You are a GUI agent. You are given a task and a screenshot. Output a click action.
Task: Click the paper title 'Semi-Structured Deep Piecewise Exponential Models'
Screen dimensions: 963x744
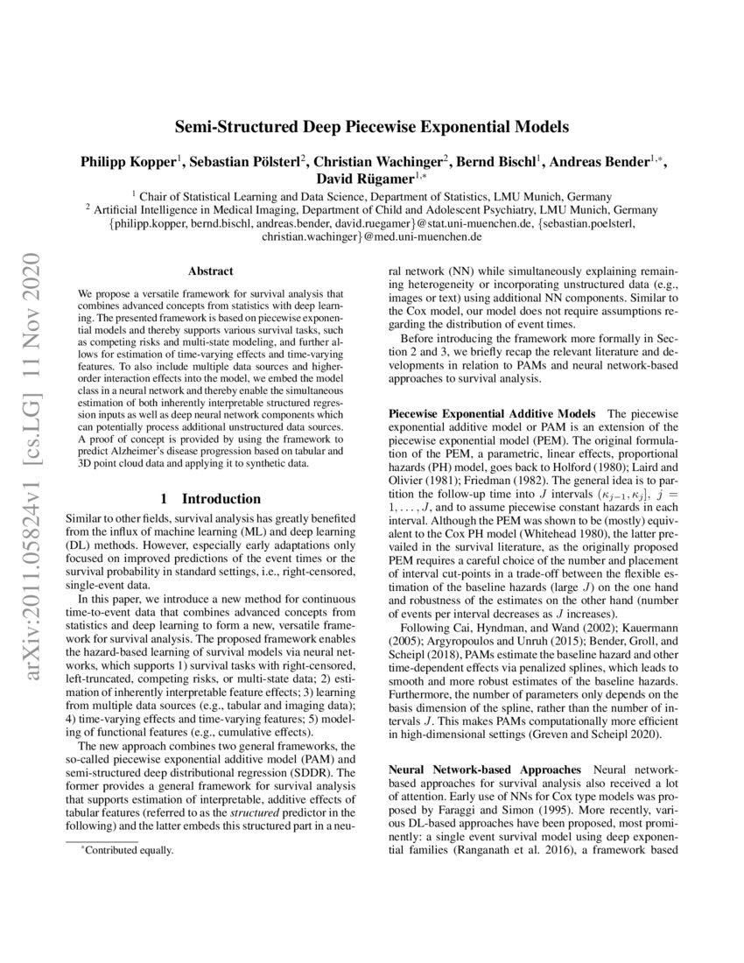(x=372, y=126)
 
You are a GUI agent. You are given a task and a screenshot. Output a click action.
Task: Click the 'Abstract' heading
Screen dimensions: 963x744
(x=211, y=273)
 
